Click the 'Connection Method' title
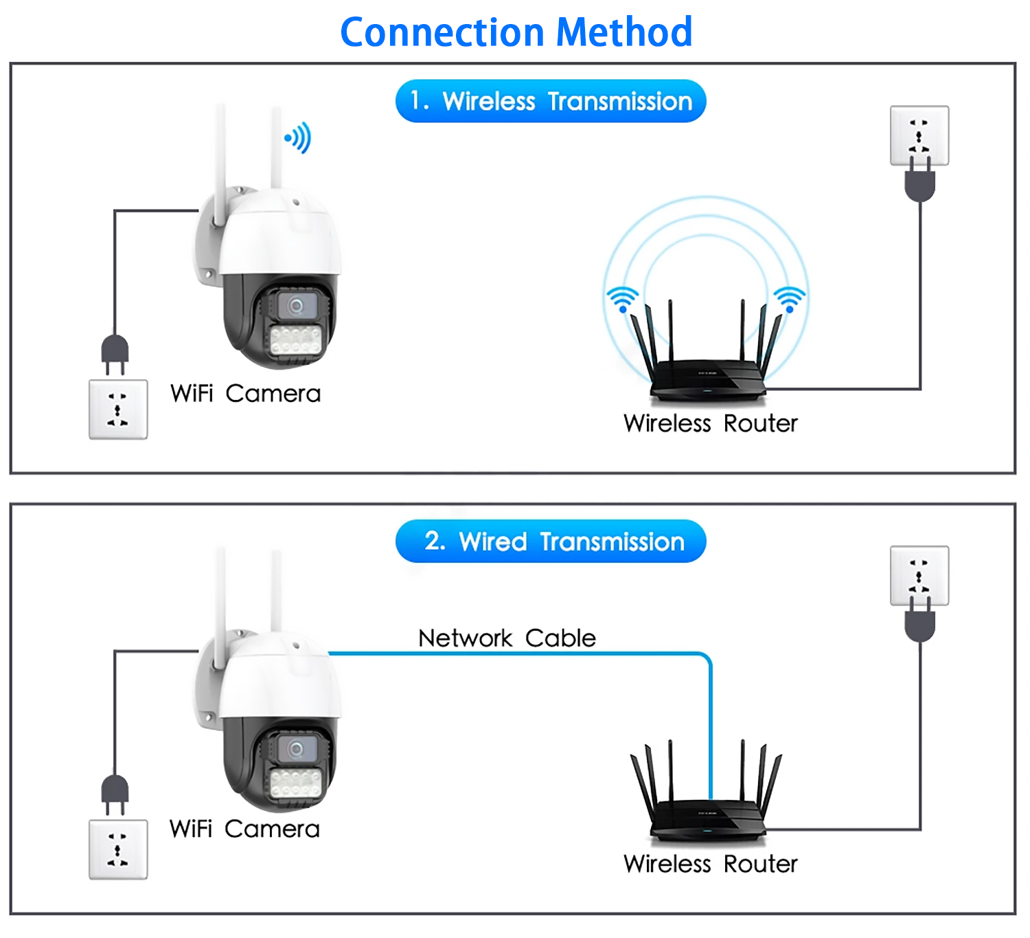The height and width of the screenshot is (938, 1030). [516, 32]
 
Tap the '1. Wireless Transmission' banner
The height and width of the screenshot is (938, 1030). [551, 102]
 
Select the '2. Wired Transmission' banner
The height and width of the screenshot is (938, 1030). [551, 541]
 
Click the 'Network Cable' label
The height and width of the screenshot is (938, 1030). [507, 638]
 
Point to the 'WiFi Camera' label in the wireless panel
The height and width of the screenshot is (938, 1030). [245, 394]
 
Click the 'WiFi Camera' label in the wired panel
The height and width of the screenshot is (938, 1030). [244, 829]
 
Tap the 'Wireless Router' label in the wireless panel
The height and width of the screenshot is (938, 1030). [710, 423]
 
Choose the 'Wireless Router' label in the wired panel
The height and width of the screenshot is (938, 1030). [710, 864]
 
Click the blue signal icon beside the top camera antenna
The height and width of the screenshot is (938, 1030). [299, 138]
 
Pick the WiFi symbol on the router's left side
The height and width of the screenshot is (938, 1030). [622, 299]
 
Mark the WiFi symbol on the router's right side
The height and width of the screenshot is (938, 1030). [790, 299]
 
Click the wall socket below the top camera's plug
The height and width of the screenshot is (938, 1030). [118, 410]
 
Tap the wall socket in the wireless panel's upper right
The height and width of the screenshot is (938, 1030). [919, 135]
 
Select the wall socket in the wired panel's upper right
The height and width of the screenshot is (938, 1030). [919, 575]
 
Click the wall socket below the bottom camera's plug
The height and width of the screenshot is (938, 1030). [118, 849]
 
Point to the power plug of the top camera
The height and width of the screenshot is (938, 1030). [115, 352]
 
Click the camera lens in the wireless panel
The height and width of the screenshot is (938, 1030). [297, 305]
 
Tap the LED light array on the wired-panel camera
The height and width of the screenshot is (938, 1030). [297, 781]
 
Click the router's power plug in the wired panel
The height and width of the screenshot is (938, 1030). [920, 624]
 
